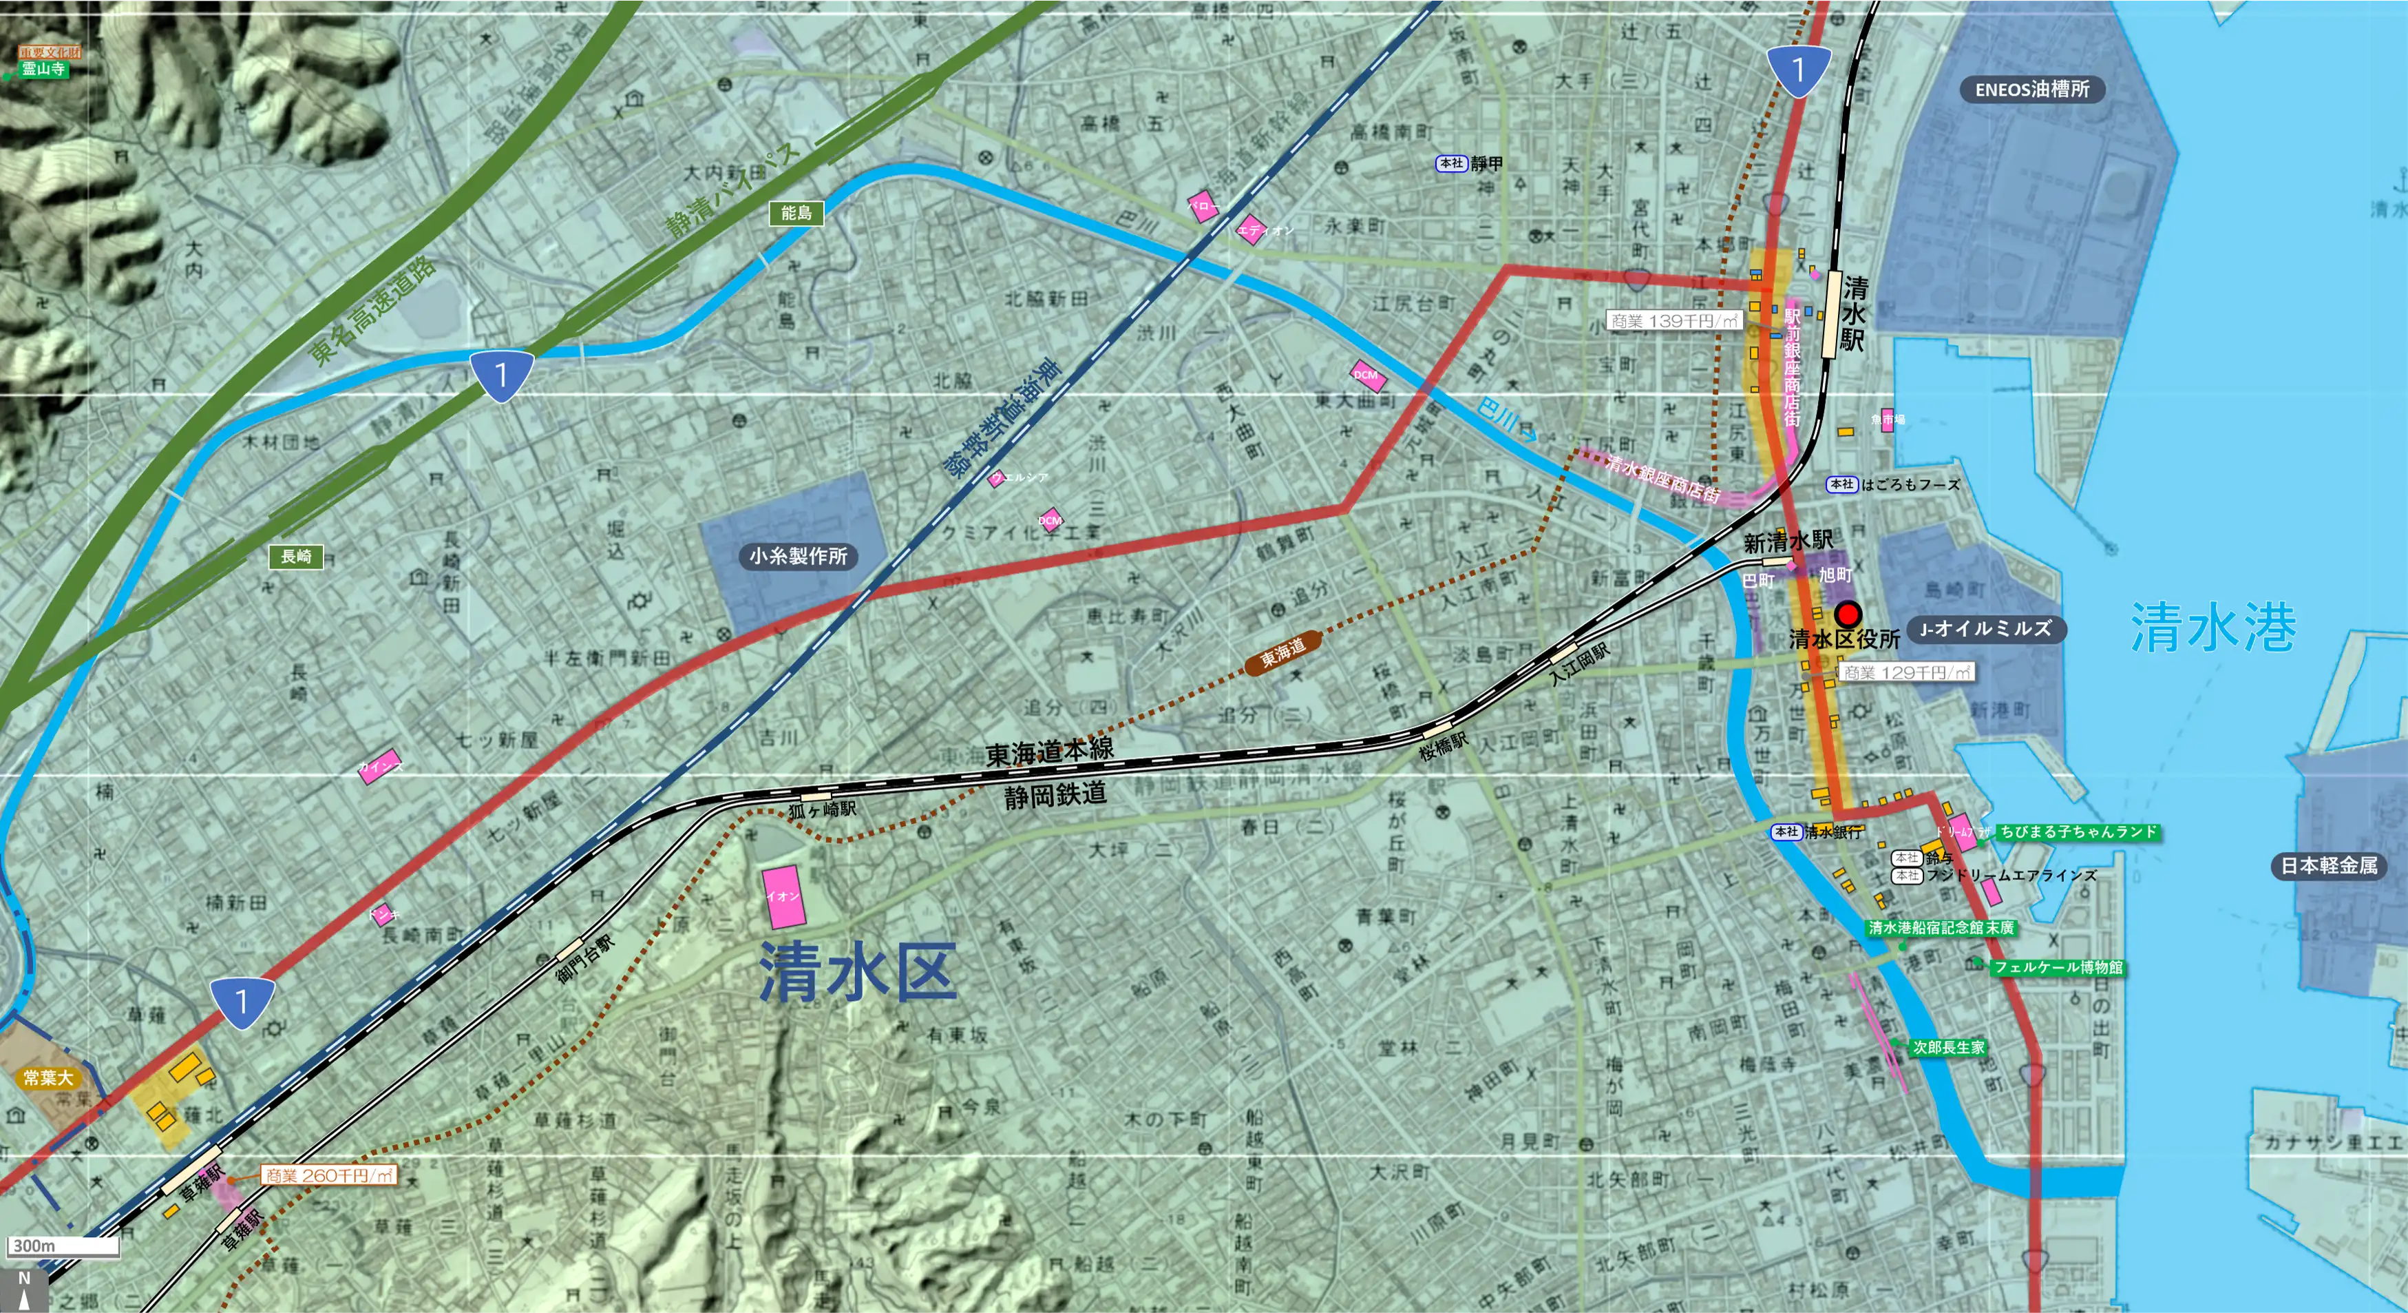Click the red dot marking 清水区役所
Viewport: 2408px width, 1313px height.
point(1847,614)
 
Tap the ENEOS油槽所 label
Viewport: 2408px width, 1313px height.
point(2031,90)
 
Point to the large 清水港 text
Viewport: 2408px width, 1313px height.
point(2212,627)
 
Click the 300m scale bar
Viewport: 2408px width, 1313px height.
point(63,1245)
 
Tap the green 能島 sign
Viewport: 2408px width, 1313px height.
point(796,214)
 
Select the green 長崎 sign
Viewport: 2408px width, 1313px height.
point(296,557)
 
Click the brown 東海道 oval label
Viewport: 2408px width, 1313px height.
point(1282,652)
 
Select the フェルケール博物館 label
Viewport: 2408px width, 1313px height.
point(2058,967)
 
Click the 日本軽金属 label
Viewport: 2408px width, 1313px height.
point(2329,866)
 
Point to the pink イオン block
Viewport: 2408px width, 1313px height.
point(783,896)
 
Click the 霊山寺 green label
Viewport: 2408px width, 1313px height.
point(43,69)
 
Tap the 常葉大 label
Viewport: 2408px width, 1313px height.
point(47,1077)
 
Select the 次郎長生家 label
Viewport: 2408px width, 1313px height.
point(1948,1047)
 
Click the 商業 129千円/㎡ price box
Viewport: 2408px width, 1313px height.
point(1907,672)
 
